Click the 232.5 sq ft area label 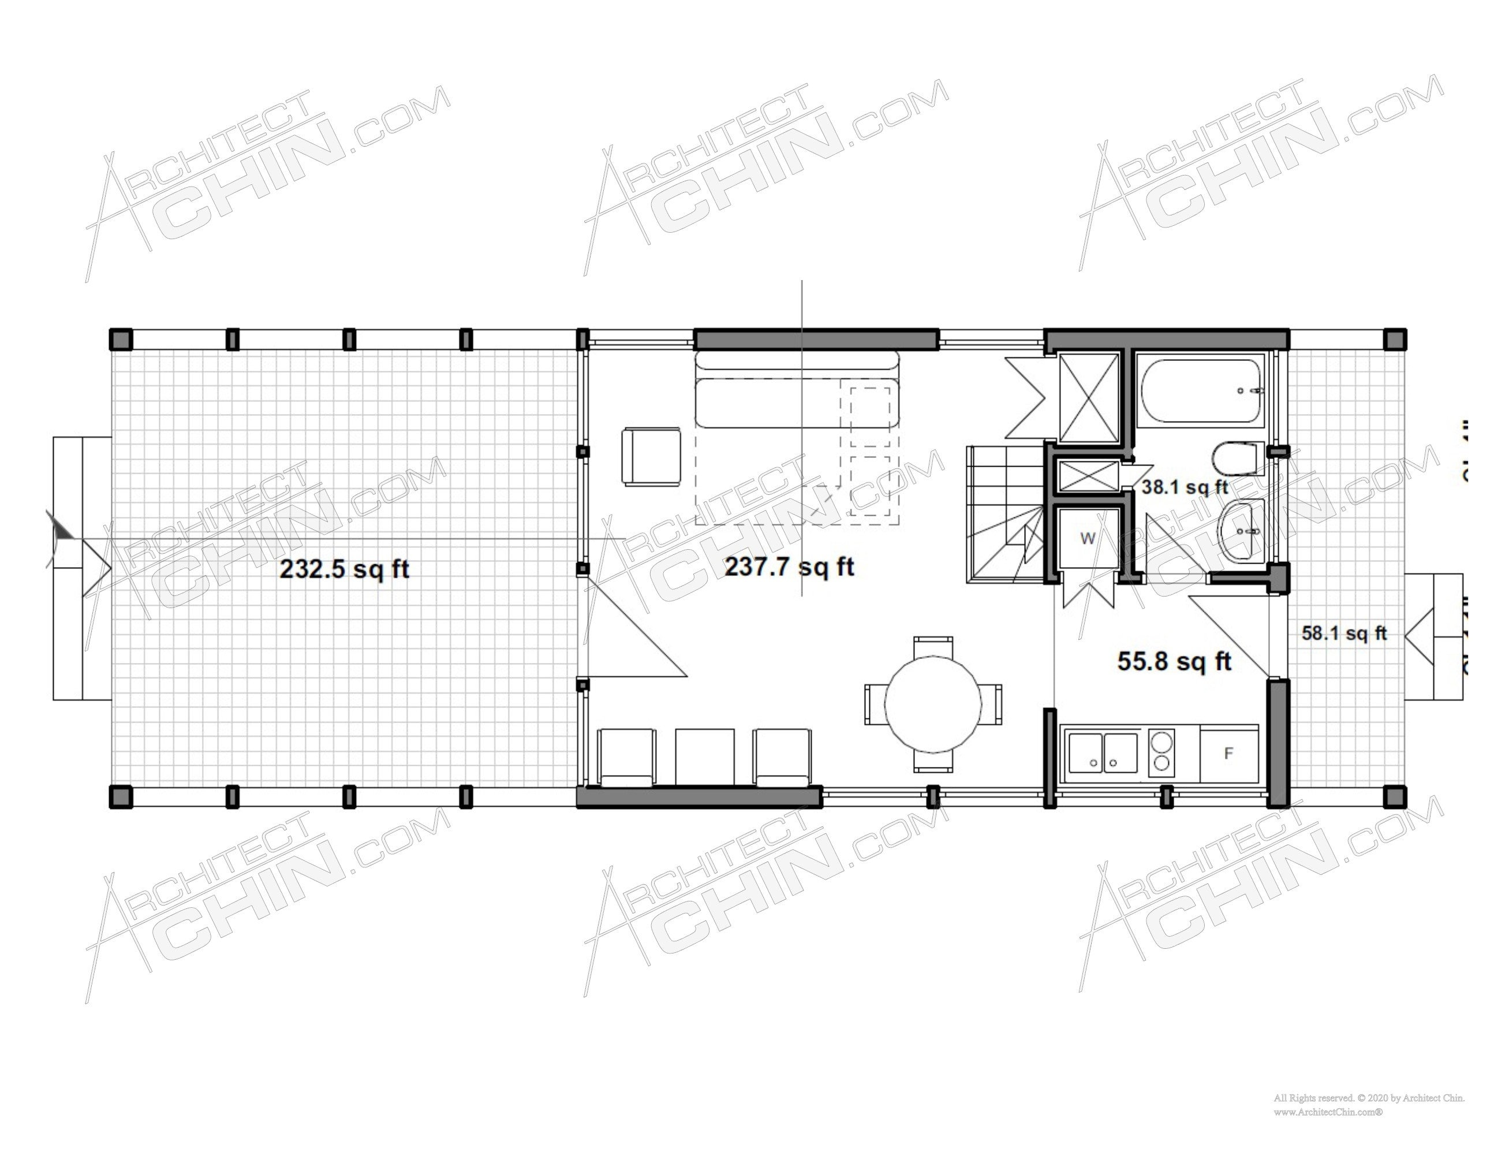(x=344, y=569)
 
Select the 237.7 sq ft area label (x=789, y=567)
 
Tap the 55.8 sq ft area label (x=1175, y=661)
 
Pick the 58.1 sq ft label (x=1343, y=633)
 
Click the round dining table (x=933, y=704)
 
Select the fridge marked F (x=1228, y=754)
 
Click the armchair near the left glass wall (x=651, y=456)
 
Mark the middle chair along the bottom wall (x=705, y=756)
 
